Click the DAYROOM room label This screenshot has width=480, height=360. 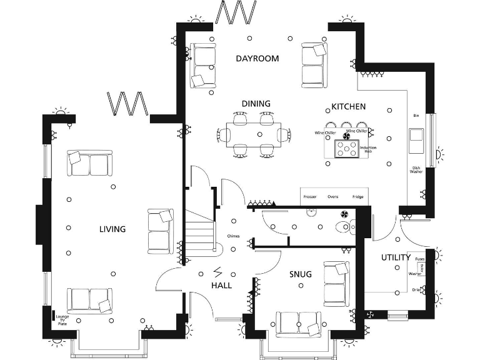coord(257,59)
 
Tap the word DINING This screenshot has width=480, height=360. coord(256,104)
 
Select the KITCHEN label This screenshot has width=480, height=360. coord(348,106)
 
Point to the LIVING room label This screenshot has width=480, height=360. coord(112,229)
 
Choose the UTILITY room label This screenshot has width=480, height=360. coord(396,257)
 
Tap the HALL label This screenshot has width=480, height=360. coord(221,285)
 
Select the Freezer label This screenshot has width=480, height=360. coord(310,197)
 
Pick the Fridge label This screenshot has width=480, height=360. coord(357,197)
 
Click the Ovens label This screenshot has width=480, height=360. coord(333,197)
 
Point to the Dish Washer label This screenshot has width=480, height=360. coord(416,169)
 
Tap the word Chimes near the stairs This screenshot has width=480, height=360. coord(234,236)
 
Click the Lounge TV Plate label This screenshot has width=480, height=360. coord(62,320)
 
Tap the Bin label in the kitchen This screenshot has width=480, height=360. coord(416,116)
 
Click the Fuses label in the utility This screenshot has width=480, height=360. coord(420,258)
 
